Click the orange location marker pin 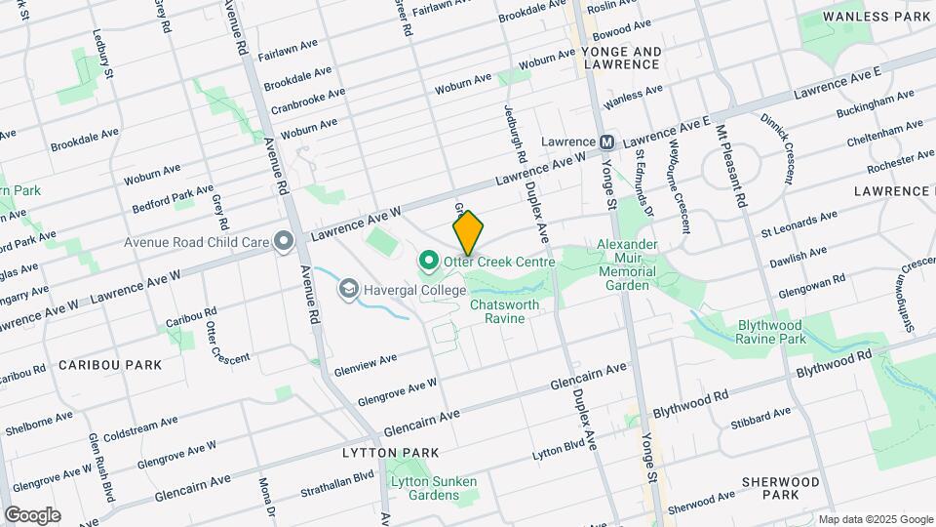(x=468, y=233)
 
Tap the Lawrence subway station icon (x=606, y=142)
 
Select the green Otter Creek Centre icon (x=427, y=262)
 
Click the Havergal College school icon (x=347, y=289)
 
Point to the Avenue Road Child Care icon (x=284, y=241)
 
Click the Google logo (x=32, y=514)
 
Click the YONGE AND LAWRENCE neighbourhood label (x=621, y=58)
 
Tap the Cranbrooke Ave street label (x=308, y=101)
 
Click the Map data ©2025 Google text (x=875, y=519)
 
